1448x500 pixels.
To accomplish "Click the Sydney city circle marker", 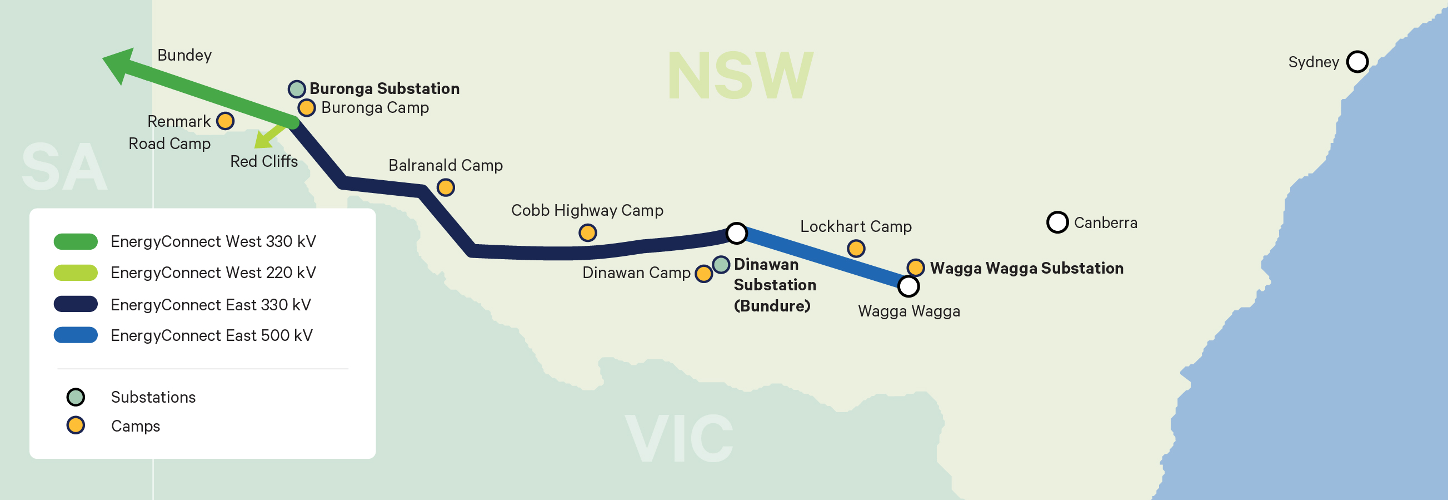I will click(1357, 61).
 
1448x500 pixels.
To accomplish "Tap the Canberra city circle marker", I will click(1057, 222).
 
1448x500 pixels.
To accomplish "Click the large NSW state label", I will click(740, 76).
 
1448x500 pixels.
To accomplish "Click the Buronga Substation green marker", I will click(297, 88).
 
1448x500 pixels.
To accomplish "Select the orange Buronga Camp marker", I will click(306, 107).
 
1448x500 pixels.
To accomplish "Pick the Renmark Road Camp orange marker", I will click(225, 121).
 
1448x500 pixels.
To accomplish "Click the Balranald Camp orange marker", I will click(445, 187).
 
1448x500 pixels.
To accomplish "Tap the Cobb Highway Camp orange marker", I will click(587, 232).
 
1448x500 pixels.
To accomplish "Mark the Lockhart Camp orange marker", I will click(856, 248).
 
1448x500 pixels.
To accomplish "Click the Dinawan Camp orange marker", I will click(703, 274).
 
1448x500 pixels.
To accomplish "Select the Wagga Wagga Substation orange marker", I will click(915, 267).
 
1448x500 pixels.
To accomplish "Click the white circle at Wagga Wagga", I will click(908, 286).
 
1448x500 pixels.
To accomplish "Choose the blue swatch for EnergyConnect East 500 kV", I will click(76, 335).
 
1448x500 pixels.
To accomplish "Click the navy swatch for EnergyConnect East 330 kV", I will click(76, 304).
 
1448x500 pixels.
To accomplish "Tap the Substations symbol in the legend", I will click(76, 397).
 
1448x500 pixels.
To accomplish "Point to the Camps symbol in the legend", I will click(76, 426).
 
